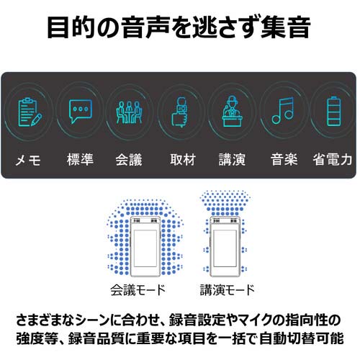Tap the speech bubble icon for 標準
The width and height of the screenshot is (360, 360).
(79, 111)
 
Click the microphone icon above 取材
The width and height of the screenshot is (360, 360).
(179, 112)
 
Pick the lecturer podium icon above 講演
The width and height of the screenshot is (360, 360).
(233, 111)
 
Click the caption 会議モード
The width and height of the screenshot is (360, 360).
(138, 291)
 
